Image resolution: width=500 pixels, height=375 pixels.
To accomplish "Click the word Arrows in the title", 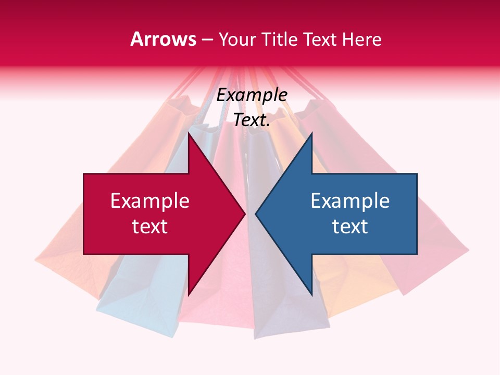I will coord(163,39).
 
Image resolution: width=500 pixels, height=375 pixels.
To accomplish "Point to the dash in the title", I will coord(207,40).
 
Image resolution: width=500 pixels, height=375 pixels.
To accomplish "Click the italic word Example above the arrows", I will coord(252,95).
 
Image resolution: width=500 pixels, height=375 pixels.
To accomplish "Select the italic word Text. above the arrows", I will coord(252,120).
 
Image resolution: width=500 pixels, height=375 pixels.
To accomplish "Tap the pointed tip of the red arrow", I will coord(245,214).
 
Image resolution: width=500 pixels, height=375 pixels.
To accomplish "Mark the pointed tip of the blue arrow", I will coord(256,214).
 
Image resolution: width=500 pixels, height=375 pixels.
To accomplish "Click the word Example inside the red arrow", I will coord(150,201).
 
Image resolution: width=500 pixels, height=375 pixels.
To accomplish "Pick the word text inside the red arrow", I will coord(150,227).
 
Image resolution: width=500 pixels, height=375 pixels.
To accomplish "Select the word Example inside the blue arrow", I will coord(350,201).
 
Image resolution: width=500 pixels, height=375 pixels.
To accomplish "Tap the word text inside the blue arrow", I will coord(350,227).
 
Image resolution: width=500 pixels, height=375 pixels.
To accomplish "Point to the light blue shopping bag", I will coord(130,292).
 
